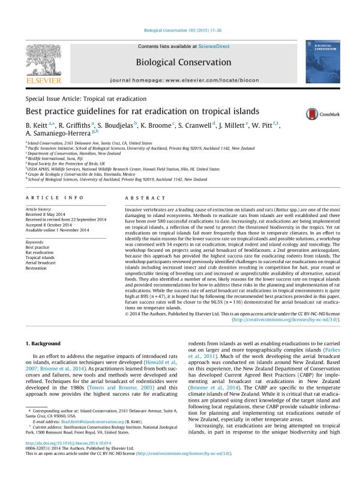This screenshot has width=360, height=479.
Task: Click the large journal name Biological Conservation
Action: pos(184,62)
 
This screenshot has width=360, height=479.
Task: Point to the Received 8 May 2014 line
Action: pos(47,213)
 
